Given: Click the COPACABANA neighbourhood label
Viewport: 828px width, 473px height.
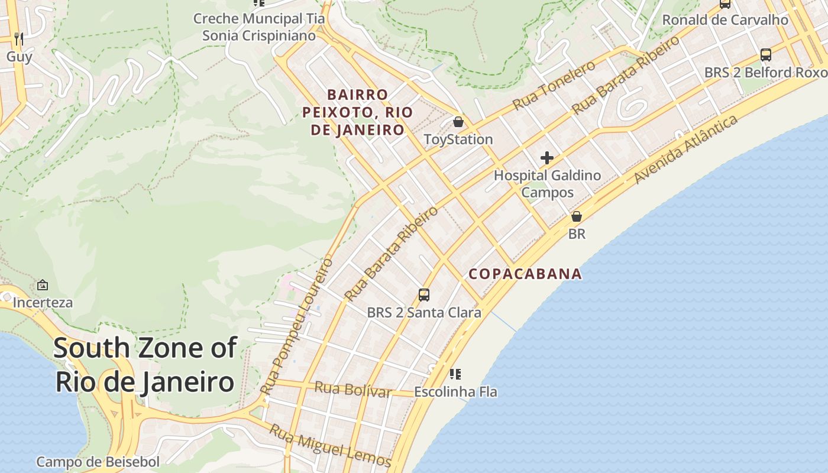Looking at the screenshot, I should point(525,274).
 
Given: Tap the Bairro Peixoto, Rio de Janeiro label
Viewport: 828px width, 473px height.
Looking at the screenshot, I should point(357,112).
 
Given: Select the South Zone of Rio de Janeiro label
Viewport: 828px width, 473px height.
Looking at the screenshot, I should point(145,365).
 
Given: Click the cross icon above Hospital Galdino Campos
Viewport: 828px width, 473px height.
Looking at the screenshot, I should point(547,158).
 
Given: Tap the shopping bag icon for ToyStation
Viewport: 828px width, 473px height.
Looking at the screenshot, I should point(458,122).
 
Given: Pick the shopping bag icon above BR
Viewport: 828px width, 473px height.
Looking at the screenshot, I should point(577,216).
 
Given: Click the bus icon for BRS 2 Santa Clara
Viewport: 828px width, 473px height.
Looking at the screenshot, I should point(424,294).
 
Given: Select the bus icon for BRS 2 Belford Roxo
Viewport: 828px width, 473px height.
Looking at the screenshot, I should point(766,55).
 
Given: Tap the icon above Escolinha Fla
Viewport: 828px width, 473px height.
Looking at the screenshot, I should point(455,374).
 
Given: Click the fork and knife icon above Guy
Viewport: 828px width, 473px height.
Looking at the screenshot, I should point(19,39).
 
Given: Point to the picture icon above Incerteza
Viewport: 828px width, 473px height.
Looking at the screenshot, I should point(43,285).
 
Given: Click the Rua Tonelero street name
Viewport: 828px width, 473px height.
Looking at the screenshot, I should point(554,85).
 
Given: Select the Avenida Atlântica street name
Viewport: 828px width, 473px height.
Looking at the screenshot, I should point(685,150).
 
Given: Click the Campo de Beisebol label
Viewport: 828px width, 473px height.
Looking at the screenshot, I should point(98,462).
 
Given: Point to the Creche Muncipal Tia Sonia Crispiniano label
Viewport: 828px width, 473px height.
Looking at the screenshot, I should point(259,27).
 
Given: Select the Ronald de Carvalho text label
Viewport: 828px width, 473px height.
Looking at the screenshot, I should point(725,20).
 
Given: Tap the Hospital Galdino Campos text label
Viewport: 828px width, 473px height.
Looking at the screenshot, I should point(547,184).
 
